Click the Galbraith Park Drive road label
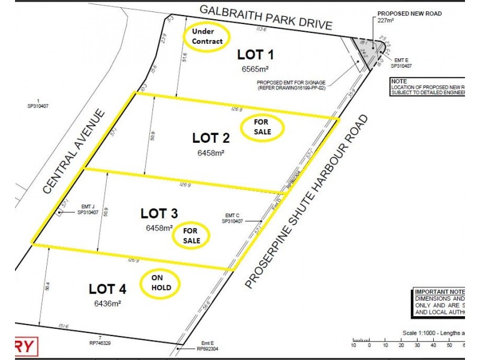265,17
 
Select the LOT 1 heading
256,55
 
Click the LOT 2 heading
211,138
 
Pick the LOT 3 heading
159,213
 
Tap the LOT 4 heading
107,289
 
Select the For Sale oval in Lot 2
262,127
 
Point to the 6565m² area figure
256,69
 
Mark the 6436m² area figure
107,304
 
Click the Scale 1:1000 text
424,333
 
